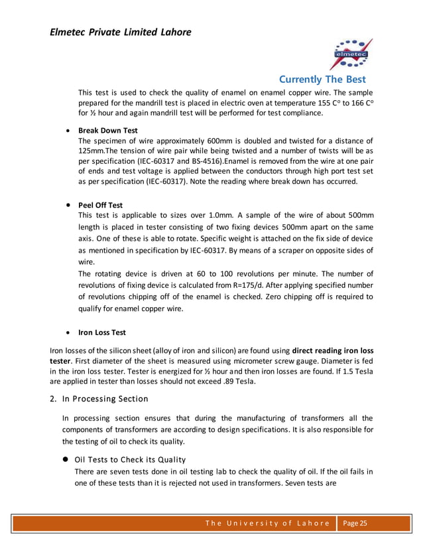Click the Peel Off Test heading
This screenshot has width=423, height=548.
[x=100, y=205]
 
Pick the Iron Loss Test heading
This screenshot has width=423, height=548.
[x=102, y=332]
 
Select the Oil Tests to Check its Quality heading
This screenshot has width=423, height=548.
[x=130, y=460]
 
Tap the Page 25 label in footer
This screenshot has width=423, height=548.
[x=355, y=523]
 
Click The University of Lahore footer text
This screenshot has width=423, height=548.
[x=267, y=523]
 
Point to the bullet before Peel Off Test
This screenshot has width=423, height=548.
[x=68, y=205]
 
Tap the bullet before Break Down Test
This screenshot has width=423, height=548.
[x=68, y=131]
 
